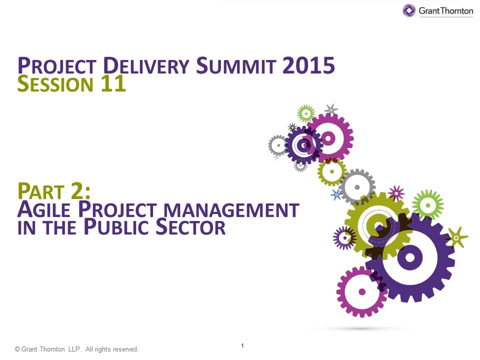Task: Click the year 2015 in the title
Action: (x=308, y=66)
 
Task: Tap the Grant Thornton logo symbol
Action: (x=409, y=10)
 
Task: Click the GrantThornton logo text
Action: (x=446, y=10)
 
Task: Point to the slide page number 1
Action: (x=242, y=346)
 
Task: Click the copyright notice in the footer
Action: (x=76, y=349)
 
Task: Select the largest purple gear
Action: (x=410, y=257)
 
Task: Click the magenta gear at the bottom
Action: (x=361, y=291)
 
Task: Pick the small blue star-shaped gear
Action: (x=336, y=194)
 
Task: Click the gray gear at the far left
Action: (x=277, y=145)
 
